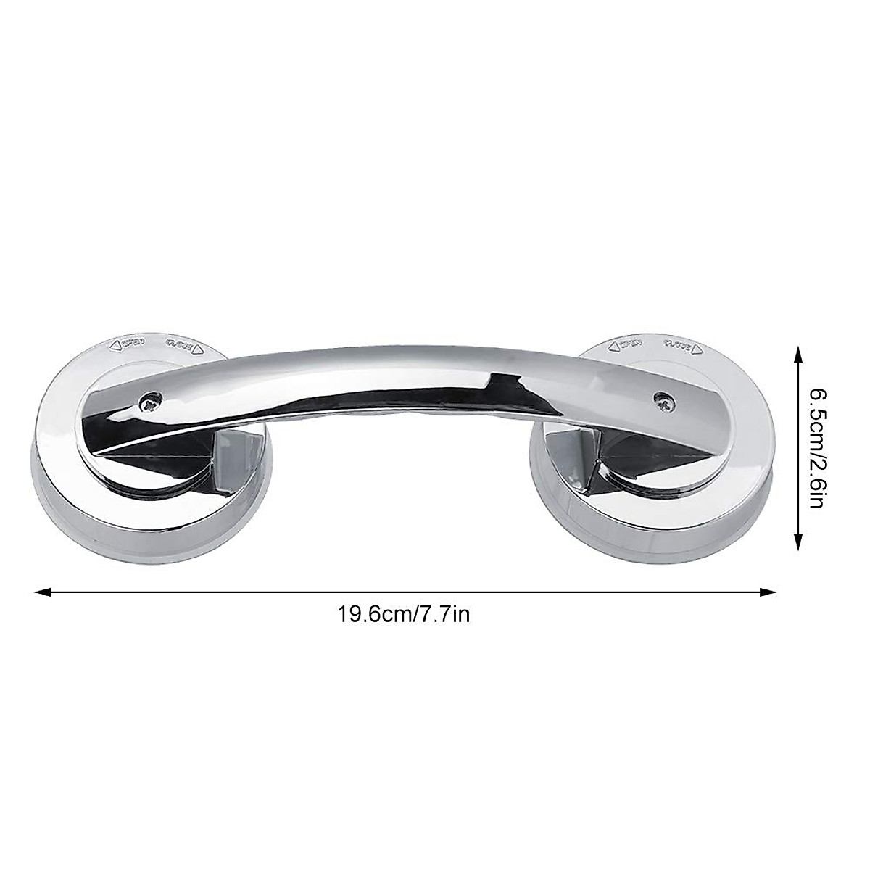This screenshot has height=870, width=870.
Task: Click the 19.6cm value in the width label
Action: [x=370, y=615]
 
